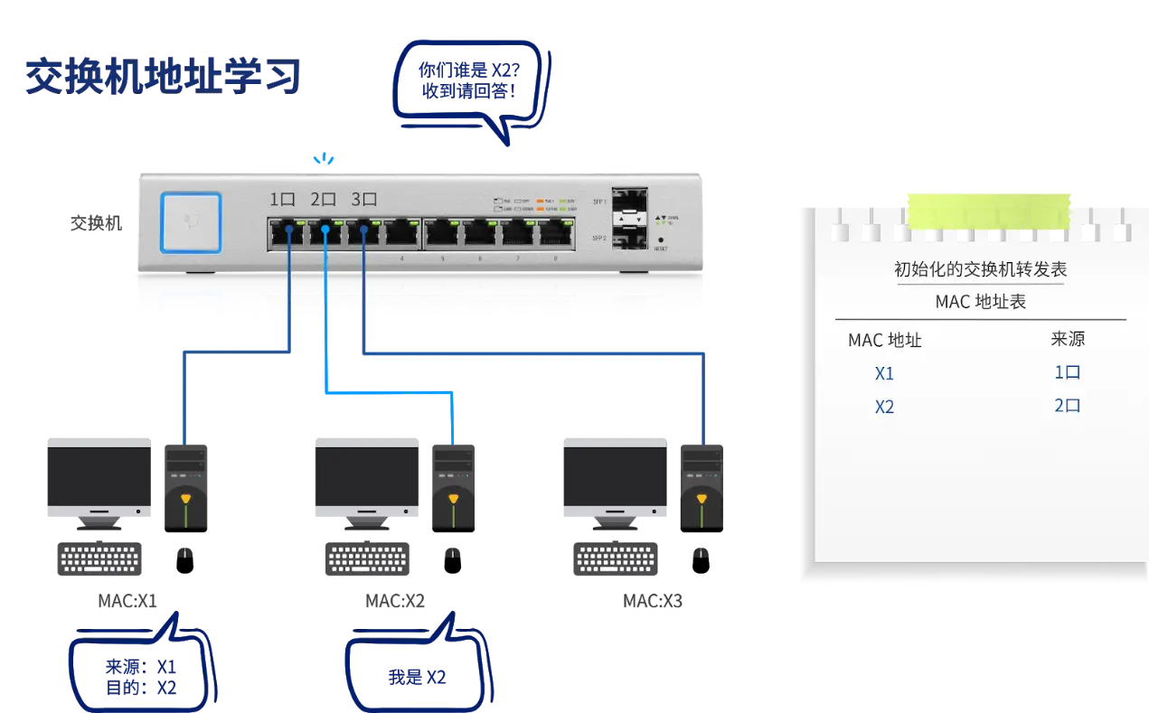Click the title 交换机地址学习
click(163, 77)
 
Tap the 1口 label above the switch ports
click(283, 201)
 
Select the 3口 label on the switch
click(363, 201)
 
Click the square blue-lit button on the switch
click(191, 222)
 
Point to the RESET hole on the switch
click(661, 239)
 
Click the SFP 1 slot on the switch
click(629, 202)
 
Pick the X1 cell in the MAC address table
click(884, 373)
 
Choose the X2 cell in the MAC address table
click(884, 407)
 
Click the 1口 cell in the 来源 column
click(1068, 372)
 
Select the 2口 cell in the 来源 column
click(1068, 406)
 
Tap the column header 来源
click(1068, 339)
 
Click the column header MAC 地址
click(884, 341)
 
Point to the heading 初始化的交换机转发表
click(980, 269)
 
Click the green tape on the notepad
click(991, 211)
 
